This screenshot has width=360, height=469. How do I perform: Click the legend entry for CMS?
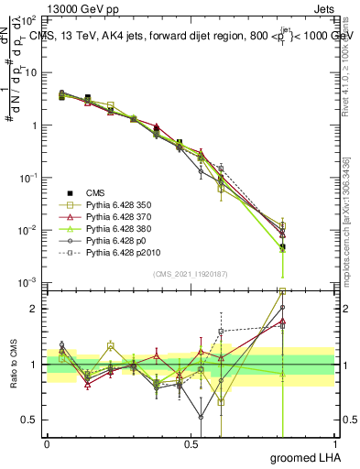(x=95, y=192)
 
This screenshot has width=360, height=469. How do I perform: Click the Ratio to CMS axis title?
(x=13, y=363)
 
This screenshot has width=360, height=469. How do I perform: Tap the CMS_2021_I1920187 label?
(x=190, y=274)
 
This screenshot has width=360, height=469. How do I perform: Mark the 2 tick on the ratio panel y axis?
(x=35, y=309)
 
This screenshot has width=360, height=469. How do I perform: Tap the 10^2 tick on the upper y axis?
(x=29, y=18)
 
